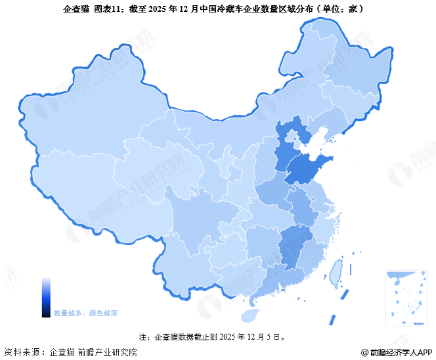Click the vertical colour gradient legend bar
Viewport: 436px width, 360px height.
click(x=46, y=297)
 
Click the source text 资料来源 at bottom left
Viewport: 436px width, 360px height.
click(x=24, y=352)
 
